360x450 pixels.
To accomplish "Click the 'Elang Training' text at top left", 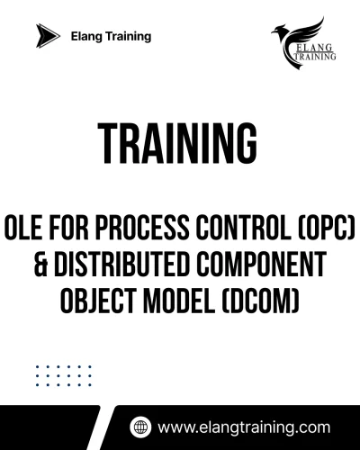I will [x=111, y=37].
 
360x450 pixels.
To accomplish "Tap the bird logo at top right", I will [x=304, y=34].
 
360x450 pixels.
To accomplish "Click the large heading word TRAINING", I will [x=179, y=142].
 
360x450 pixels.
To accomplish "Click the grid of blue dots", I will [x=63, y=375].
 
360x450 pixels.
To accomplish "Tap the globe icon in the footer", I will [x=139, y=427].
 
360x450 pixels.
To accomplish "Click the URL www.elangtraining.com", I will [x=244, y=427].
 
